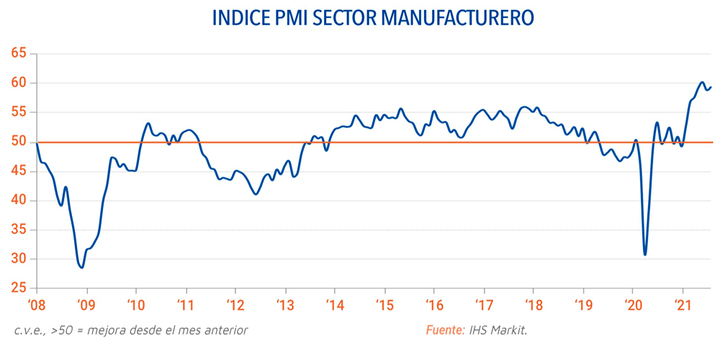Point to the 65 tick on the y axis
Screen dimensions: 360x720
[19, 53]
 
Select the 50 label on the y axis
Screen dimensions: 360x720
[19, 142]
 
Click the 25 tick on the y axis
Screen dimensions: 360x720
[19, 289]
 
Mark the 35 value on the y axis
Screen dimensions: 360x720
[19, 230]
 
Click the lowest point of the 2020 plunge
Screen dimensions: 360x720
[645, 254]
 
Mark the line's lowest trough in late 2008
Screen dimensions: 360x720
[82, 268]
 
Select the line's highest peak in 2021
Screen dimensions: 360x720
[702, 82]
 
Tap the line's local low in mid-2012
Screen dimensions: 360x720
[256, 194]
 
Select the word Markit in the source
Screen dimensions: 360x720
[513, 330]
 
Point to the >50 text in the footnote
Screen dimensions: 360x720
[61, 330]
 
